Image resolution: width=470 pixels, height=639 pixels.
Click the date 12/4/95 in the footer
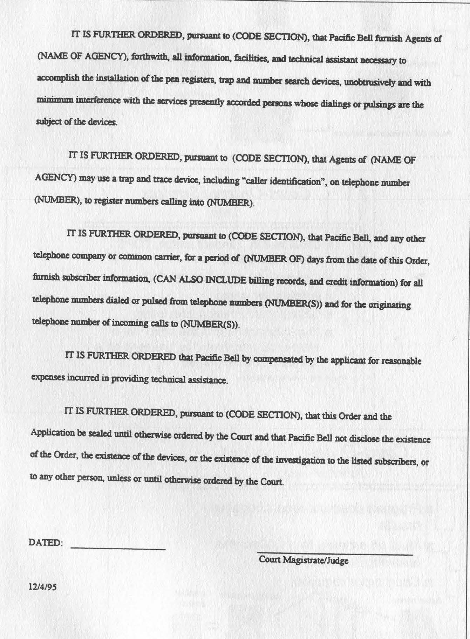[42, 587]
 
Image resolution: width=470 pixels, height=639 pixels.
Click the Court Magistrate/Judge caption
[304, 560]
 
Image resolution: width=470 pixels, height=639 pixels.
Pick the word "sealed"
[100, 433]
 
